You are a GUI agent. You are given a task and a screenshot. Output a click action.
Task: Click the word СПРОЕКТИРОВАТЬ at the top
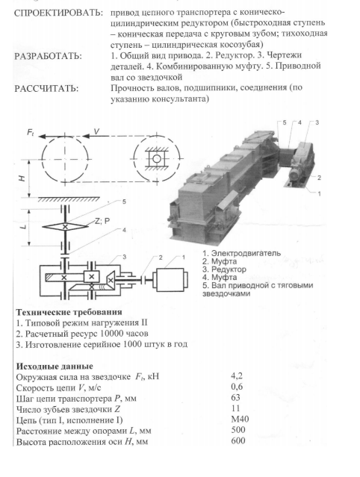click(58, 13)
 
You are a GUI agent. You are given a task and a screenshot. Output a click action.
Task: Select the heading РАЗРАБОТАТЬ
click(49, 56)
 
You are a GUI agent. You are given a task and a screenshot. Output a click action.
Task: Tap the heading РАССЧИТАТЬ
click(46, 89)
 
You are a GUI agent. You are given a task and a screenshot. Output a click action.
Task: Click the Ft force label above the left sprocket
click(31, 132)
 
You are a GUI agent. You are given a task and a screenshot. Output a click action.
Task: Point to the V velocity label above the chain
click(97, 131)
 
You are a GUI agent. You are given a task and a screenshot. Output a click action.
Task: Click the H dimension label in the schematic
click(22, 178)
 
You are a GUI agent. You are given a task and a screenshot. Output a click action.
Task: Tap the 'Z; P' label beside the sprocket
click(102, 221)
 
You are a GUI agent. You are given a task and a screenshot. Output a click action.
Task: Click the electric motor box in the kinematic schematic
click(170, 280)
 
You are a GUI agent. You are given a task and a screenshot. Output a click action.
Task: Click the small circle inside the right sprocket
click(156, 159)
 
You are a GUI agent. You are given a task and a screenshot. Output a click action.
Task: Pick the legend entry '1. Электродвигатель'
click(242, 253)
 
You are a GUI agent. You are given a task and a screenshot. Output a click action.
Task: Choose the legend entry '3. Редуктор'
click(224, 269)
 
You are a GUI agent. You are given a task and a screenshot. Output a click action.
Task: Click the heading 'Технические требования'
click(69, 312)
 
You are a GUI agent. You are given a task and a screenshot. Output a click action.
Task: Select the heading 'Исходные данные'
click(55, 366)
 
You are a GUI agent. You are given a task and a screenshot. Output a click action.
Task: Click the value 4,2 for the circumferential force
click(237, 376)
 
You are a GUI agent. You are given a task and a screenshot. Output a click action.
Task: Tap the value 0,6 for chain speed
click(237, 387)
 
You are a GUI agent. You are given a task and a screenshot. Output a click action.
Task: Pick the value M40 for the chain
click(240, 420)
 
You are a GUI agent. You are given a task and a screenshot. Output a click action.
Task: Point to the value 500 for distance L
click(238, 430)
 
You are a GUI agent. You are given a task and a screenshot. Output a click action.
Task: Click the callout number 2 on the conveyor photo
click(319, 178)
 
